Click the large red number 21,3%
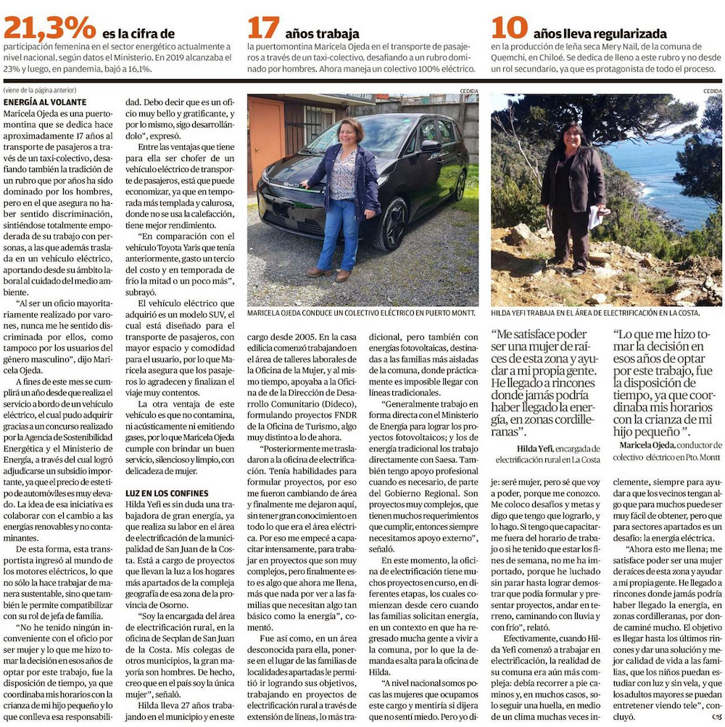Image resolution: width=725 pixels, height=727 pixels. (49, 28)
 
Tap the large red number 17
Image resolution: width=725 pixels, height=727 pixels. (263, 28)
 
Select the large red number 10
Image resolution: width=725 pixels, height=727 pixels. (507, 28)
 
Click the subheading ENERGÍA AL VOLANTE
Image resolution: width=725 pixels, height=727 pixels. (45, 102)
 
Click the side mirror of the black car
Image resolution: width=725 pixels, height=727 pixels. (431, 146)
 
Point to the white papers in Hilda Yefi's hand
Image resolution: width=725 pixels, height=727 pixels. (595, 217)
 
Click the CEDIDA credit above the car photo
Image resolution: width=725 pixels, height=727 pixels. (468, 91)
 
